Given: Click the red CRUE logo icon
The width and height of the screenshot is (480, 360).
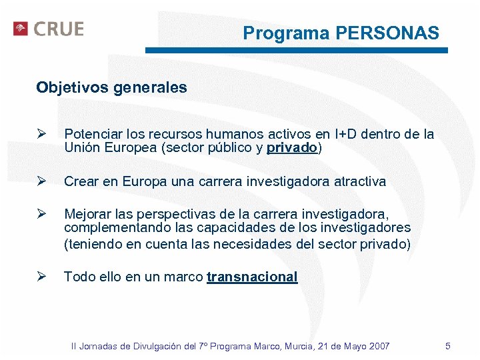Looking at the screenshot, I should [21, 29].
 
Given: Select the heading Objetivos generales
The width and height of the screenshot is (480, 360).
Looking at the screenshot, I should [111, 87].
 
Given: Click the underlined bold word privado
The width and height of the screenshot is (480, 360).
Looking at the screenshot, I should [292, 148].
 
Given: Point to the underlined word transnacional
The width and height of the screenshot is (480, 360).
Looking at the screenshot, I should [252, 277].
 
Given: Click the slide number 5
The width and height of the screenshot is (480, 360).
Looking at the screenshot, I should [448, 346].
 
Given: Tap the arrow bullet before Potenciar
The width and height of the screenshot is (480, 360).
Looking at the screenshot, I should [41, 134].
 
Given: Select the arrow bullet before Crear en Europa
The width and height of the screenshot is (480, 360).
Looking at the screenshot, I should [41, 181].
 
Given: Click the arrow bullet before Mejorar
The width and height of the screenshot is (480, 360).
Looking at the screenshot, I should [41, 214].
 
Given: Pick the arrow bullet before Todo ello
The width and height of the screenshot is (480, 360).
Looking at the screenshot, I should [41, 277].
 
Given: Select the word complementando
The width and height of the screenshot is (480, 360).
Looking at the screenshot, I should [107, 229].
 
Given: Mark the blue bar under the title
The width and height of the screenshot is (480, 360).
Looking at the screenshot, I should [296, 50].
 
